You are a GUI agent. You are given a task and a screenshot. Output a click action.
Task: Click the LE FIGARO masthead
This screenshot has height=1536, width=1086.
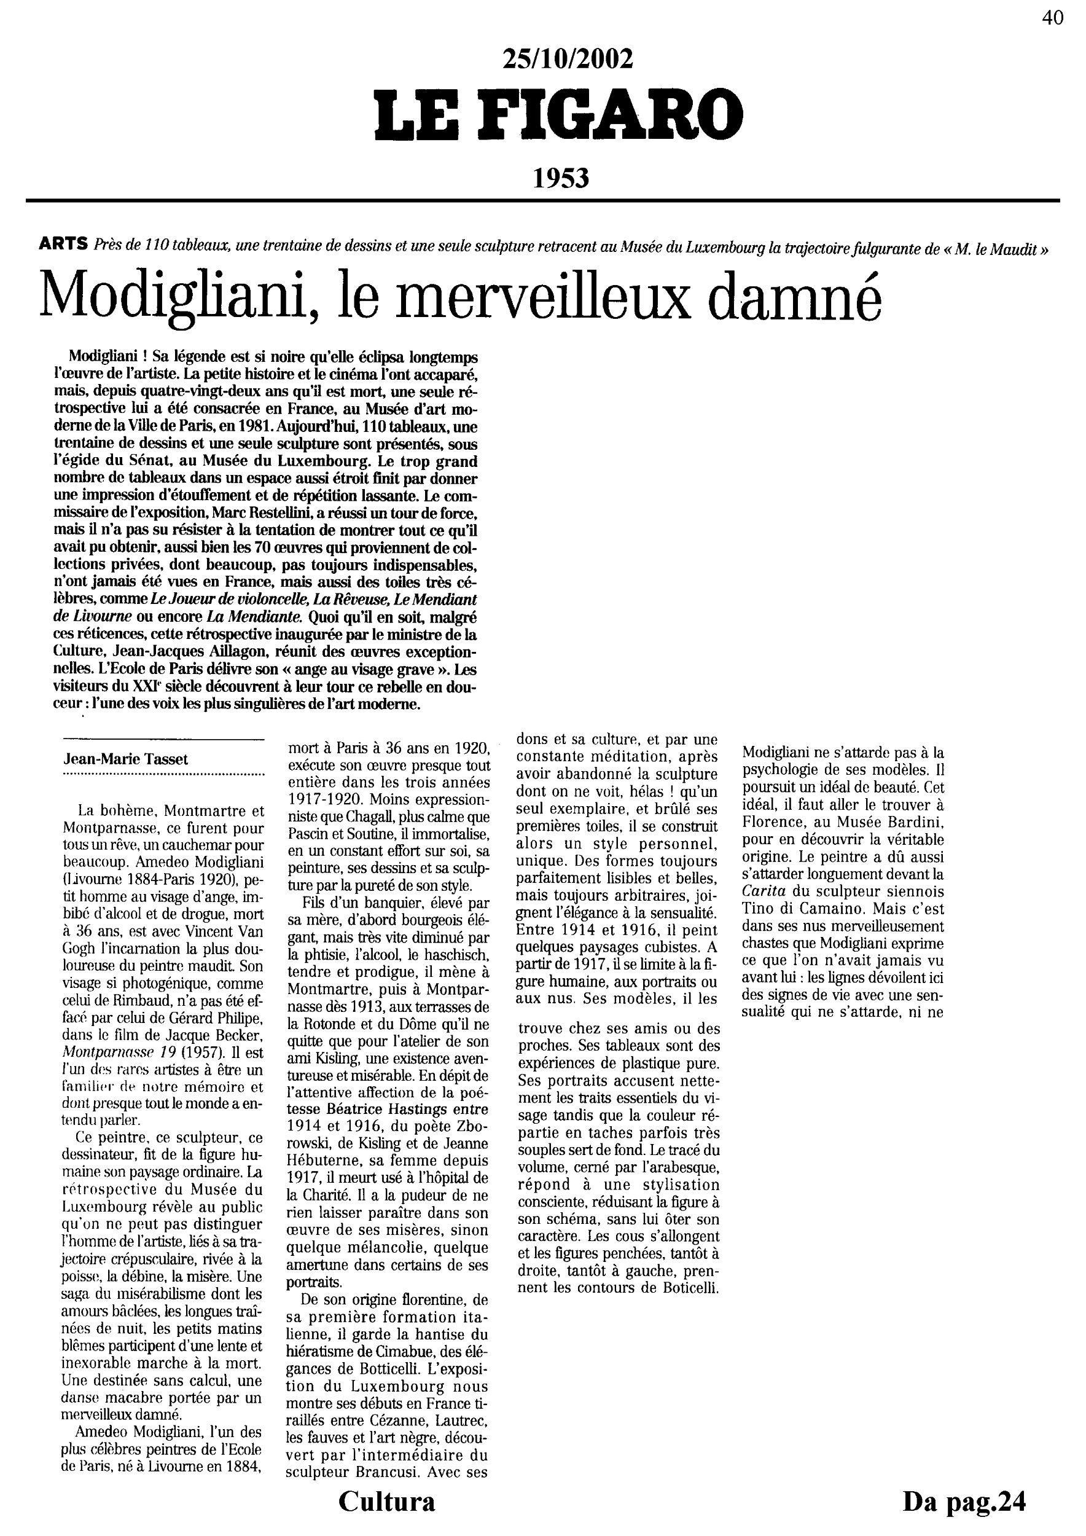[559, 113]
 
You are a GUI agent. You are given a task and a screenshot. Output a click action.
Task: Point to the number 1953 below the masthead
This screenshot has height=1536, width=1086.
[561, 178]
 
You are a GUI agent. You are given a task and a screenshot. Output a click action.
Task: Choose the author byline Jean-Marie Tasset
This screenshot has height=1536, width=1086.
[126, 759]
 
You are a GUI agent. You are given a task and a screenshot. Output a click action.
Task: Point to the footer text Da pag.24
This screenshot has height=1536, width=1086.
[964, 1500]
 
